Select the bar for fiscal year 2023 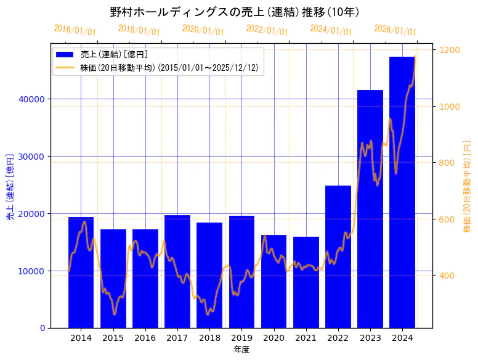coord(370,209)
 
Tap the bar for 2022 coord(338,256)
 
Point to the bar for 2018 coord(209,275)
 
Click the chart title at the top coord(235,12)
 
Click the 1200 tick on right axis coord(450,50)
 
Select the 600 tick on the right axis coord(447,219)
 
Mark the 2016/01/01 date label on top coord(75,30)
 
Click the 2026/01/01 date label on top coord(395,30)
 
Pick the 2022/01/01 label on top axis coord(267,30)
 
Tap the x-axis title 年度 coord(241,350)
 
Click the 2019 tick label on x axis coord(241,338)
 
